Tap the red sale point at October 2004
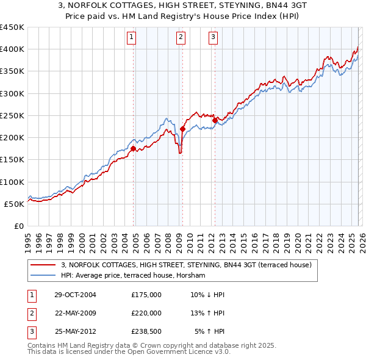coord(134,148)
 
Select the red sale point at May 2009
coord(182,128)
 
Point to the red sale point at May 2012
coord(215,120)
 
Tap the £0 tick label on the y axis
coord(18,226)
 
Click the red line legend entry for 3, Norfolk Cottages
coord(186,265)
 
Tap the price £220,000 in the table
coord(146,313)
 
